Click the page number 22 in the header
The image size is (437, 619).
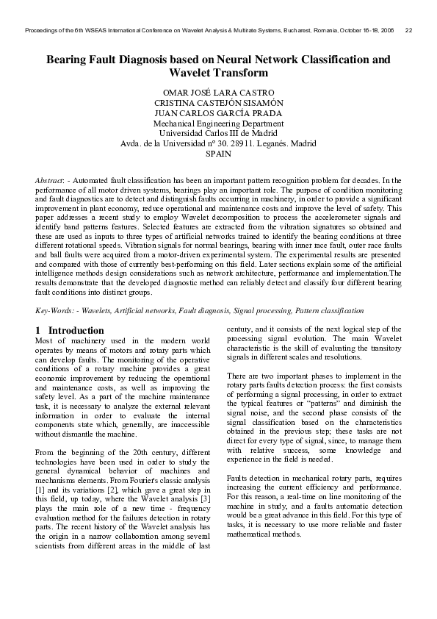pyautogui.click(x=408, y=30)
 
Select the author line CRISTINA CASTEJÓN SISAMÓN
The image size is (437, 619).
pyautogui.click(x=218, y=103)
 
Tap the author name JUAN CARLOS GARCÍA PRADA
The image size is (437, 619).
pyautogui.click(x=218, y=113)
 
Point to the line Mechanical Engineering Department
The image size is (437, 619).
pyautogui.click(x=218, y=124)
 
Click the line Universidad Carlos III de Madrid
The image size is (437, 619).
pyautogui.click(x=218, y=134)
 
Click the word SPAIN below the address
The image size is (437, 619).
pyautogui.click(x=218, y=154)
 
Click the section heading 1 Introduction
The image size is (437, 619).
pyautogui.click(x=70, y=331)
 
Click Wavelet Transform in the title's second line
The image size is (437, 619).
pyautogui.click(x=218, y=73)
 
